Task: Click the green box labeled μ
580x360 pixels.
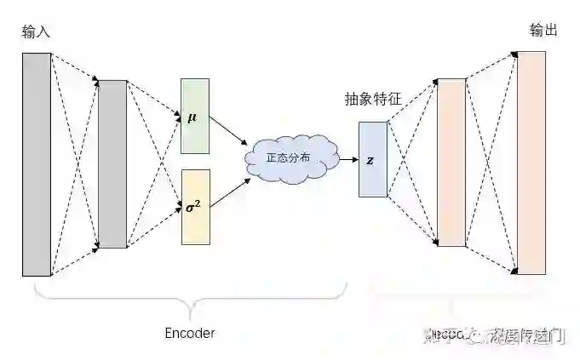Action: tap(194, 117)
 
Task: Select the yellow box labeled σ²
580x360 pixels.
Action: tap(194, 207)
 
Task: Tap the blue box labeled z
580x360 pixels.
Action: tap(372, 159)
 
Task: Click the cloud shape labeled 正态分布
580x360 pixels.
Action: tap(288, 158)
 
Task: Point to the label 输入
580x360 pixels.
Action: tap(37, 31)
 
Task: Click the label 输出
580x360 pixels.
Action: tap(543, 31)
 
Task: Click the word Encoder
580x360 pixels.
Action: tap(189, 333)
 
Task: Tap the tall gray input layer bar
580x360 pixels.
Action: tap(37, 164)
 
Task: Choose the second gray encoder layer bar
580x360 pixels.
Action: tap(112, 164)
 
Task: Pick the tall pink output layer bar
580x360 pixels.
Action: tap(531, 163)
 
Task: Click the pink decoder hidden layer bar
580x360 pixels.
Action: tap(451, 163)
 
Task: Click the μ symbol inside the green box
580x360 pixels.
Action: tap(192, 117)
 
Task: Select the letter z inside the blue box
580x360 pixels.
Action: tap(370, 160)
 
